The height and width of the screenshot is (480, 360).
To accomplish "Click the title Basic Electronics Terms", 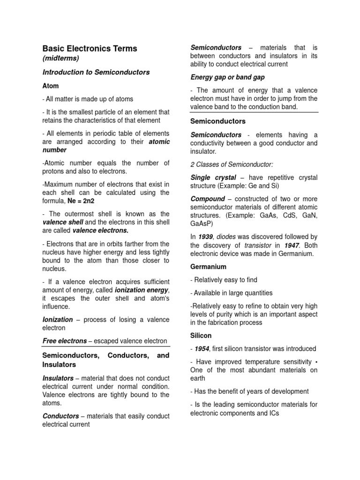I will tap(90, 48).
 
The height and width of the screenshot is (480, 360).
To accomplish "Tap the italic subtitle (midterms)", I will tap(61, 58).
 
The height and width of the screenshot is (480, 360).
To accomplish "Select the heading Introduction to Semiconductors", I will tap(96, 72).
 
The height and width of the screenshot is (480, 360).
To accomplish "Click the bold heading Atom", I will tap(51, 86).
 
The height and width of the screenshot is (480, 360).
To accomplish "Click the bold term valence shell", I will tap(63, 222).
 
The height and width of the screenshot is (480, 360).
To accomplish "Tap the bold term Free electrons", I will tap(65, 341).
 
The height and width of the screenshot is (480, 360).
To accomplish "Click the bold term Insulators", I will tap(58, 378).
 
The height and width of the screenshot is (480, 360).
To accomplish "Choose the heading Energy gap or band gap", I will tap(224, 77).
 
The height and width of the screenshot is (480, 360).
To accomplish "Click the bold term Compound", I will tap(208, 199).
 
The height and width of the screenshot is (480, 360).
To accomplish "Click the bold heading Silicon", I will tap(201, 336).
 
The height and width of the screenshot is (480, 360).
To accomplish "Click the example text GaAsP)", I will tap(202, 224).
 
